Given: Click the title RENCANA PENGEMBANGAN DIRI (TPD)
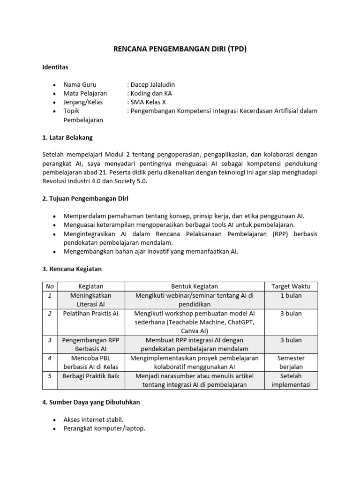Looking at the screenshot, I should [x=180, y=49].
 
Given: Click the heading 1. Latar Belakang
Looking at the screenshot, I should [x=67, y=137].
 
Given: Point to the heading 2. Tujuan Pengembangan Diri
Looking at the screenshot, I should [x=85, y=199].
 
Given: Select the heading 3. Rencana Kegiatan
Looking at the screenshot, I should [x=72, y=269].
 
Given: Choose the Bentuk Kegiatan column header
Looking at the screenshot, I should [x=195, y=286].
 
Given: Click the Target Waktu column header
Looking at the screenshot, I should [x=291, y=286].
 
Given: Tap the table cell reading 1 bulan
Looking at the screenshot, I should [x=291, y=295].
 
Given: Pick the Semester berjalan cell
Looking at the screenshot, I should [x=291, y=362].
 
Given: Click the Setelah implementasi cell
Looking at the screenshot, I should [x=291, y=380].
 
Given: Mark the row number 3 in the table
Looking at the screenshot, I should [x=49, y=340].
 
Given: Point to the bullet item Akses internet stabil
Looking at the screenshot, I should [x=94, y=420].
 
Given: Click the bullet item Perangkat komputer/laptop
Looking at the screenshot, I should [x=105, y=428].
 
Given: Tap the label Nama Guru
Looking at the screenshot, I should [x=80, y=85].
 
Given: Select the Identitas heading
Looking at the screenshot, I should [x=55, y=67].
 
